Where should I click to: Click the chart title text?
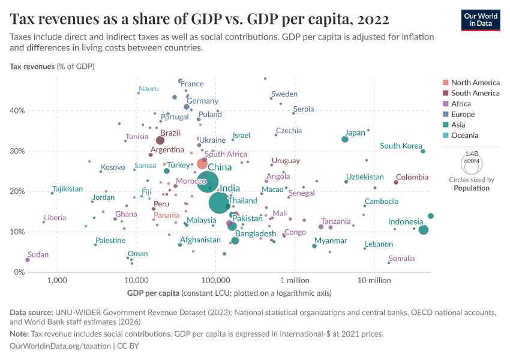pos(200,19)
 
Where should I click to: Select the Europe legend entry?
pos(463,114)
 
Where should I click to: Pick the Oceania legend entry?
pos(464,136)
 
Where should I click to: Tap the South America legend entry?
pos(475,93)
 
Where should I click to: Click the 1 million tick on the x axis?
pos(294,280)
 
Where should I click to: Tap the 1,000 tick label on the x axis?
pos(58,280)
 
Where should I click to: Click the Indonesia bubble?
pos(424,230)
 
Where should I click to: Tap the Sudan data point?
pos(28,260)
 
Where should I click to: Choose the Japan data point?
pos(345,139)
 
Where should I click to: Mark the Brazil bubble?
pos(160,140)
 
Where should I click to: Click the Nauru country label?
pos(148,89)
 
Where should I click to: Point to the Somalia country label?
pos(401,259)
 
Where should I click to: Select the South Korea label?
pos(401,146)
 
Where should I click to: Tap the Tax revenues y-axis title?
pos(32,66)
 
